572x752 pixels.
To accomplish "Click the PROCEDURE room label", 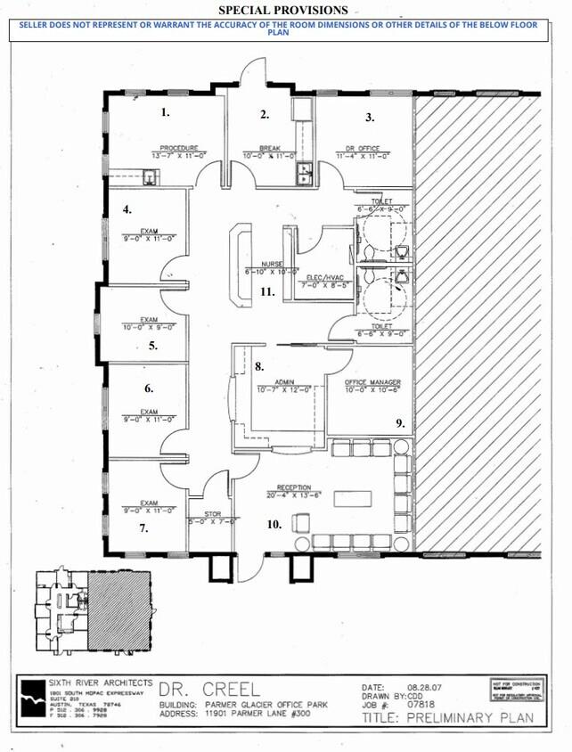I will [x=178, y=147].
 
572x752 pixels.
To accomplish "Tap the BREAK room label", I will [x=270, y=148].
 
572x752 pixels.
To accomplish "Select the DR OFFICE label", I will [x=364, y=148].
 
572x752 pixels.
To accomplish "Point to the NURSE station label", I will [x=272, y=264].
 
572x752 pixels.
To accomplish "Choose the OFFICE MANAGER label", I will [x=369, y=381].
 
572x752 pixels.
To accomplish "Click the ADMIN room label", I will [x=284, y=381].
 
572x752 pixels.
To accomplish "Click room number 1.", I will [x=165, y=112].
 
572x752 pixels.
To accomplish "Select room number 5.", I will [x=153, y=346].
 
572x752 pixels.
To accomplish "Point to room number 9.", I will [x=401, y=423].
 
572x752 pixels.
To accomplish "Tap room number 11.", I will [x=266, y=291].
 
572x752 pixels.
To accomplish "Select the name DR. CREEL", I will [x=209, y=689].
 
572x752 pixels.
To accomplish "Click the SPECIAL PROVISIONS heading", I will [x=282, y=9].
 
